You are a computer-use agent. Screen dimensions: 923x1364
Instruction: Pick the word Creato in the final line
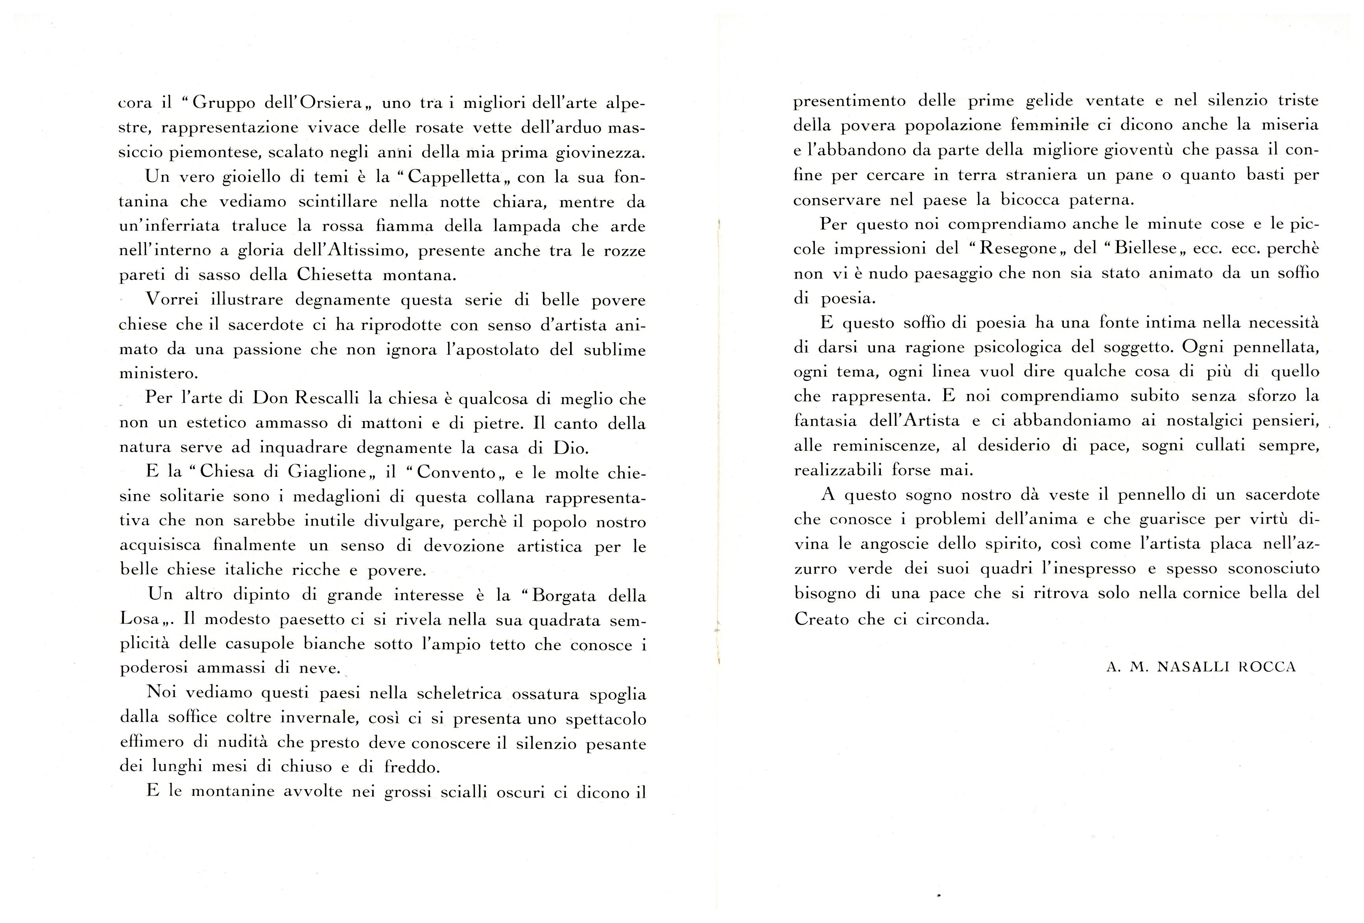(821, 620)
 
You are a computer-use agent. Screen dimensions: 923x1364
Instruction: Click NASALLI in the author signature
(1190, 668)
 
